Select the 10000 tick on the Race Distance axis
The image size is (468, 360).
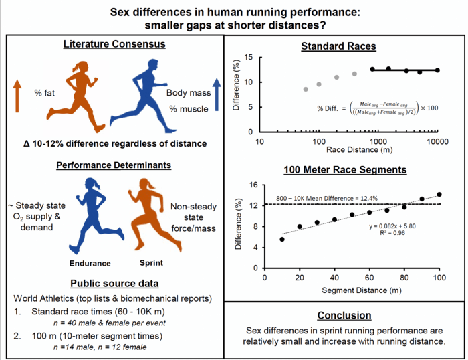point(437,142)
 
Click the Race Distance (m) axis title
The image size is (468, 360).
point(348,153)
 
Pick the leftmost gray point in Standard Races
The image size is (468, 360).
point(306,89)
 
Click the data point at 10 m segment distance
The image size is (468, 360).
point(282,239)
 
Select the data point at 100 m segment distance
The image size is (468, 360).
point(439,195)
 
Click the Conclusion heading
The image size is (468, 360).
point(344,314)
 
